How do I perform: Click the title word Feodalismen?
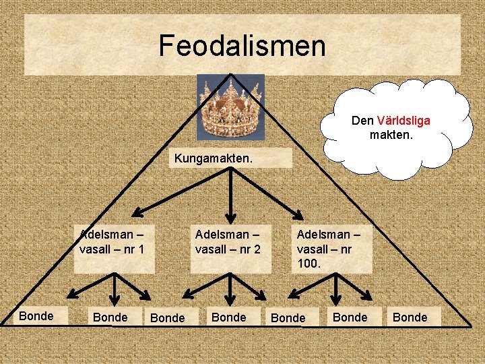[242, 46]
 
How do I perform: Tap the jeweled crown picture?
[230, 107]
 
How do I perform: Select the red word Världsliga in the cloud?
[403, 121]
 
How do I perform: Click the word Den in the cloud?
[363, 121]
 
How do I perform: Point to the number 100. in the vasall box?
[309, 264]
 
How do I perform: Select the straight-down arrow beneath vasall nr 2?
[230, 289]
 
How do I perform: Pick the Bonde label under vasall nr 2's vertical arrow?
[229, 317]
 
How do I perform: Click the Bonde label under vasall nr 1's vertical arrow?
[110, 317]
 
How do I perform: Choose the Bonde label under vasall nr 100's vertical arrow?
[350, 317]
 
